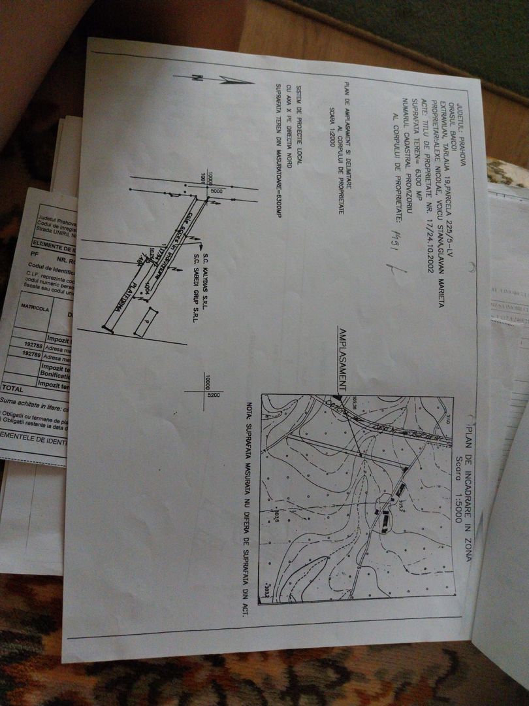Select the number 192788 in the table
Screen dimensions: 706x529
point(33,345)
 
